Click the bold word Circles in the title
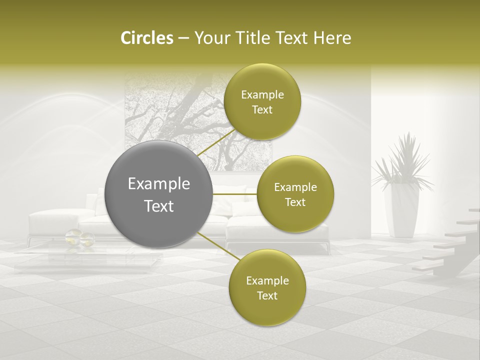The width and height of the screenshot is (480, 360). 146,38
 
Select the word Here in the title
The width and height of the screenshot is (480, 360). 332,38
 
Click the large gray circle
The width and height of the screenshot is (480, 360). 159,195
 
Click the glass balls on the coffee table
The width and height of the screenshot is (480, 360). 80,238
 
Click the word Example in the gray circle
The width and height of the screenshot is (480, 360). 159,184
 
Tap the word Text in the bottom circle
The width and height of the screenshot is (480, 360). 267,296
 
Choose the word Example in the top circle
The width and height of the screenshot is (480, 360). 262,95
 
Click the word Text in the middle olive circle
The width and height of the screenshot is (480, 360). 295,202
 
